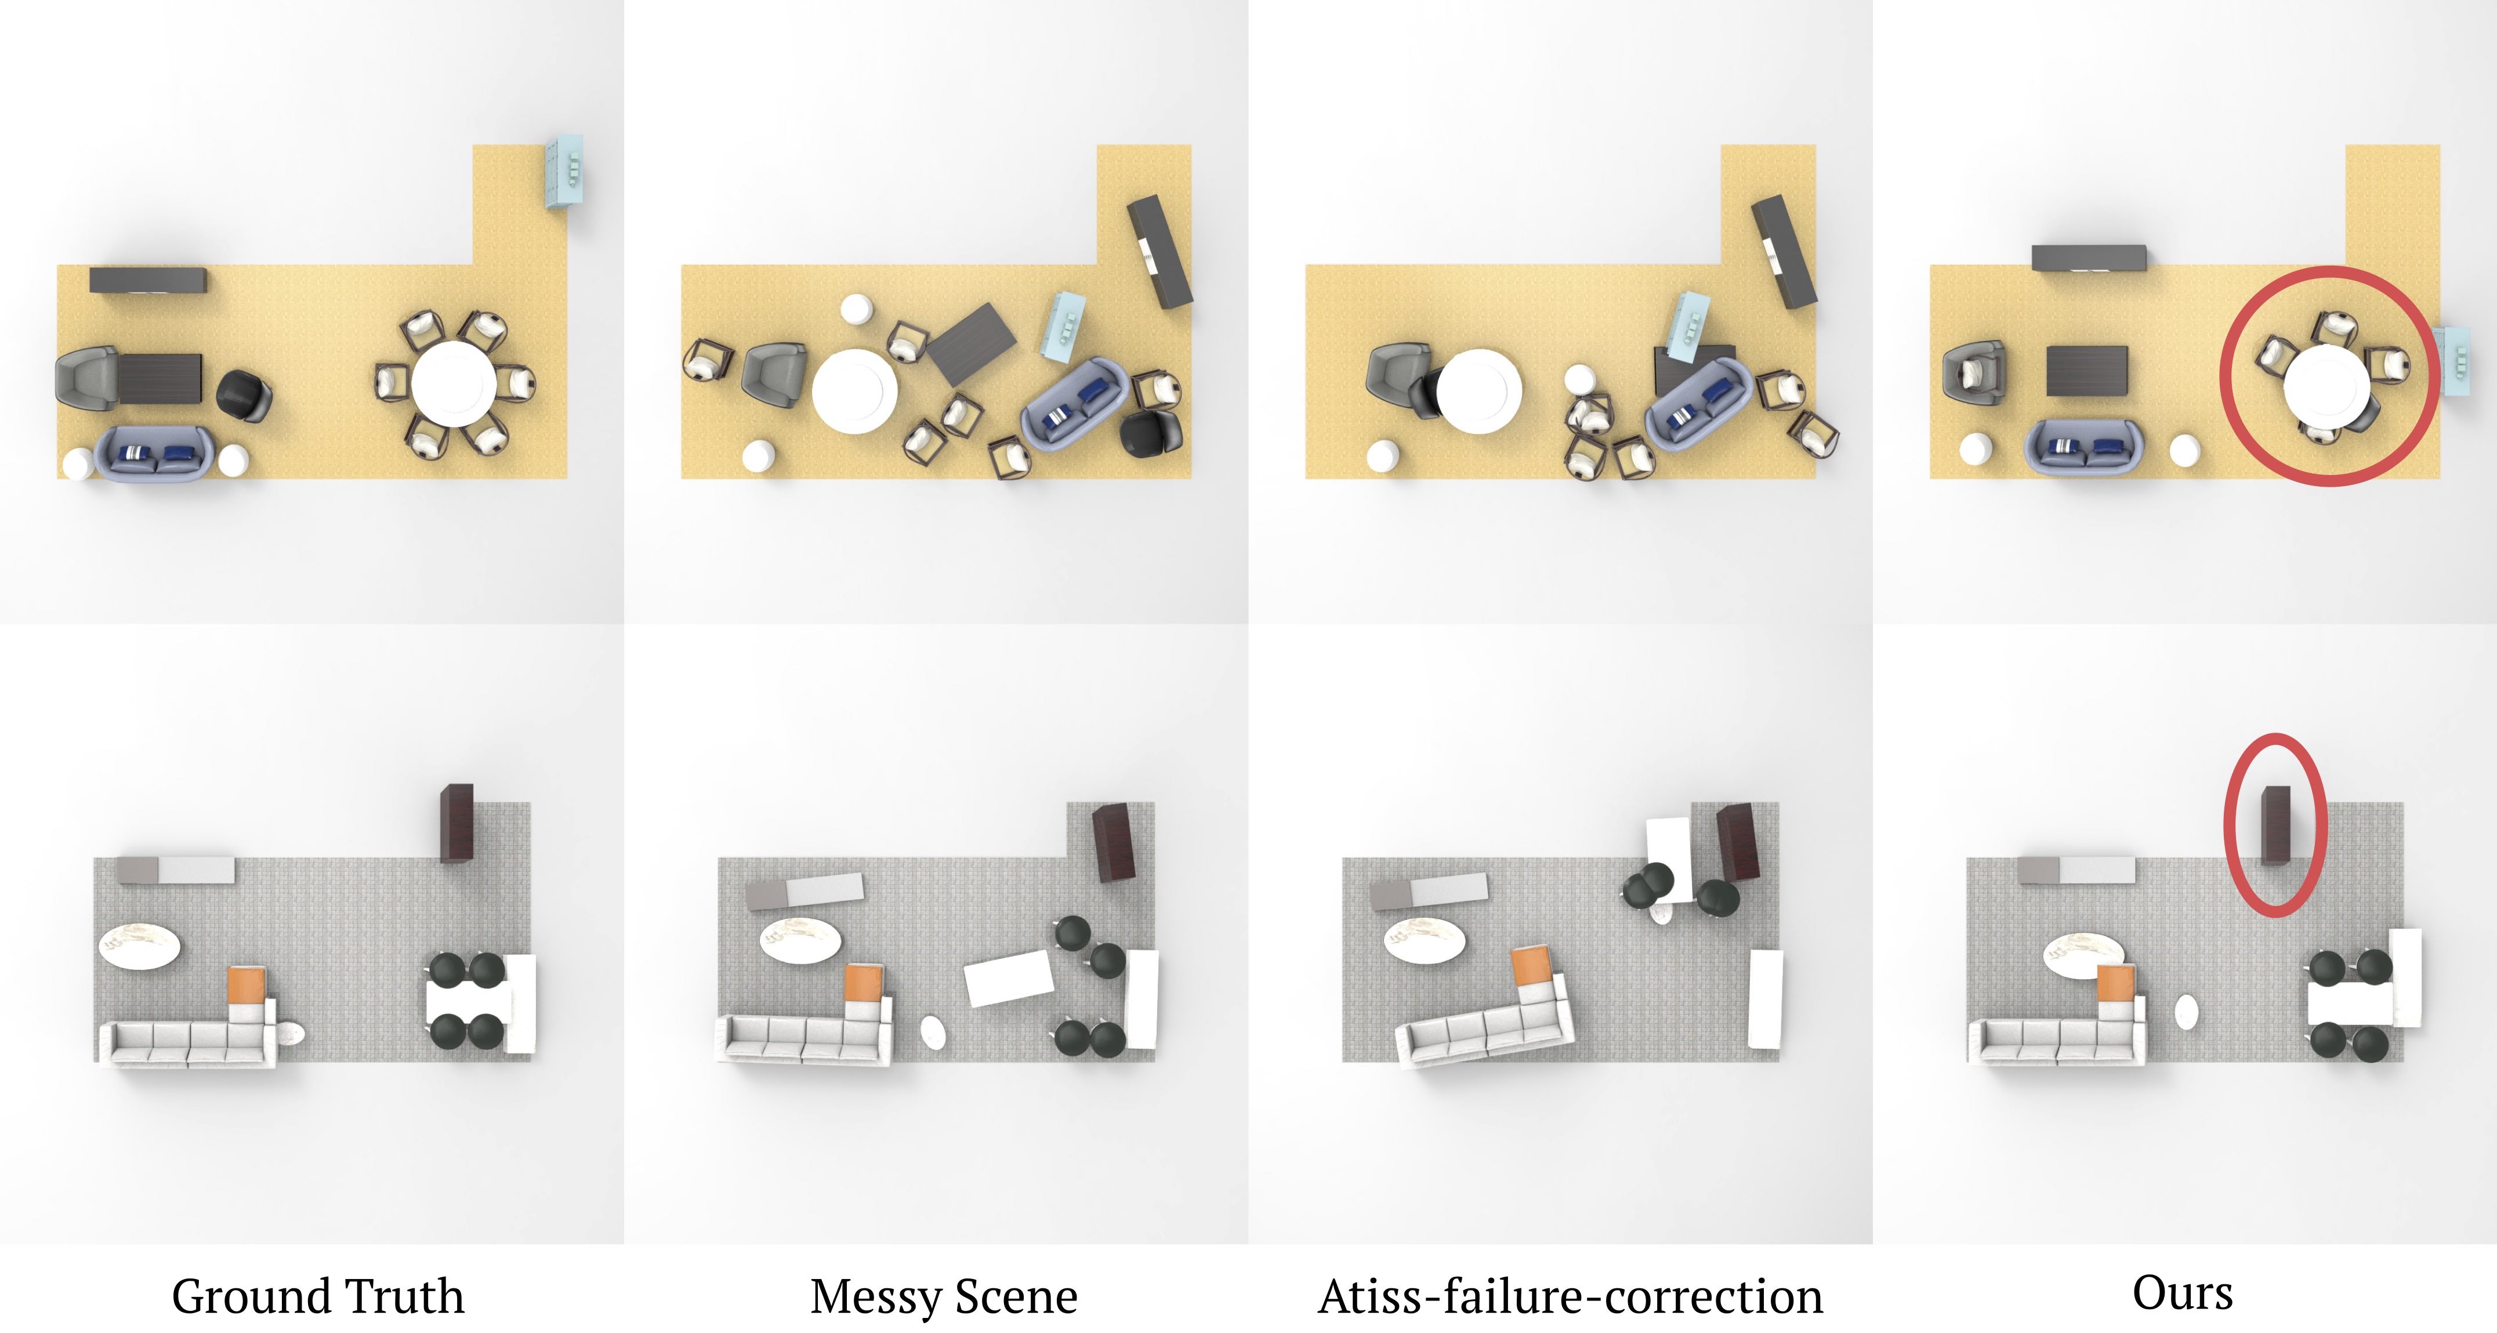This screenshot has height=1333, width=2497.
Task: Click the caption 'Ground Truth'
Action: (318, 1296)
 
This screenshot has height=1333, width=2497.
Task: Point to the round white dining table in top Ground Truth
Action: (452, 382)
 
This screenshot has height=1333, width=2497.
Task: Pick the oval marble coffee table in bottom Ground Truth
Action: (140, 945)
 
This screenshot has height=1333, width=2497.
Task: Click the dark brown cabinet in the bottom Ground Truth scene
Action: (456, 823)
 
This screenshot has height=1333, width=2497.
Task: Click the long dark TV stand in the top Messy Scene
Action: (1159, 252)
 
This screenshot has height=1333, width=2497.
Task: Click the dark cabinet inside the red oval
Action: (2275, 825)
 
